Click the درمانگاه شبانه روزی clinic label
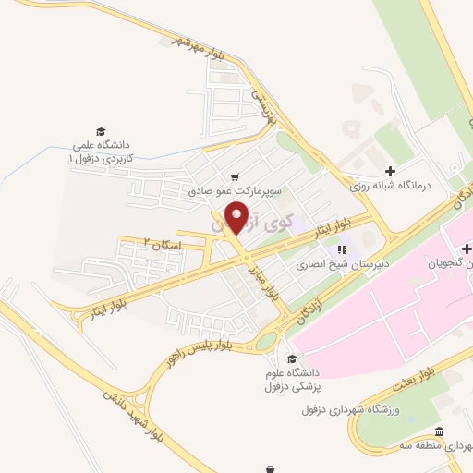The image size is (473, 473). click(392, 186)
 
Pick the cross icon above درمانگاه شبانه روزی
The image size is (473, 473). click(391, 171)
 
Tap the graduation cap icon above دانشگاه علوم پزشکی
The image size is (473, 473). click(292, 359)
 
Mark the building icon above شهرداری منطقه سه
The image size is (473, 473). click(439, 432)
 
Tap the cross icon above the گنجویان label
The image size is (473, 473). click(468, 249)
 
